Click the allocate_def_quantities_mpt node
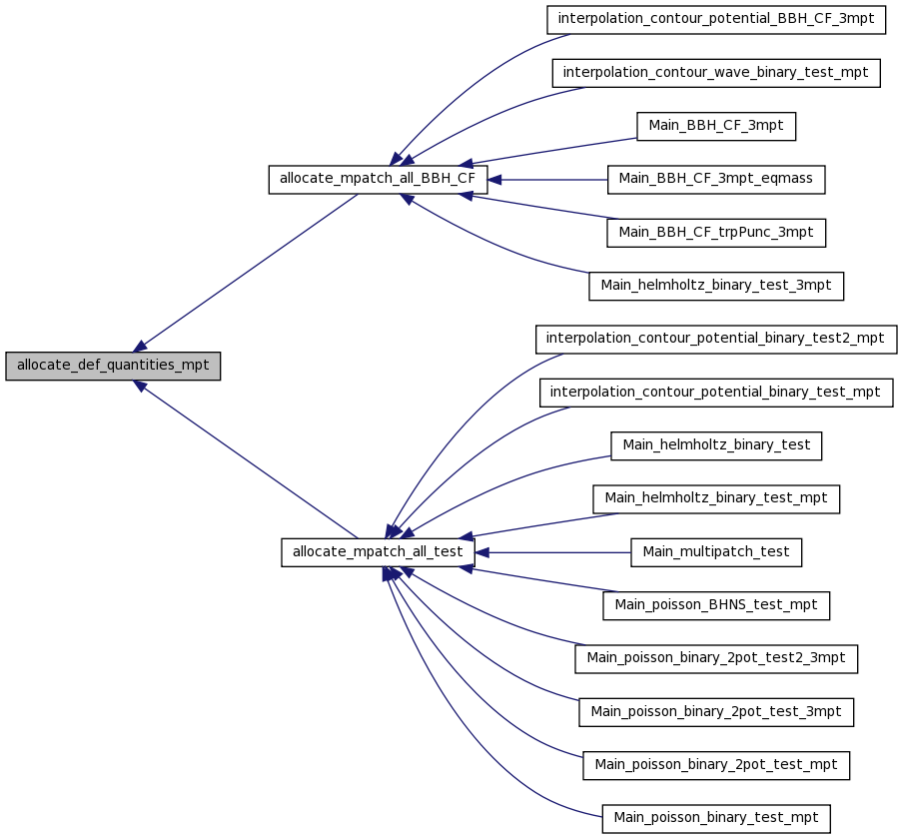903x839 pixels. pyautogui.click(x=113, y=366)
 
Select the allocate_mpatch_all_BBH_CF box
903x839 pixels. pyautogui.click(x=378, y=180)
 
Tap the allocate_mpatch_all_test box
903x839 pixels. pyautogui.click(x=378, y=552)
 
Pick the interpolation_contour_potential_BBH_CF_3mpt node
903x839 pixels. pyautogui.click(x=716, y=20)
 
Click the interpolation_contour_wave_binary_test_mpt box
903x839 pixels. pyautogui.click(x=716, y=73)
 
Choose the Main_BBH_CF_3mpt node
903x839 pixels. pyautogui.click(x=716, y=126)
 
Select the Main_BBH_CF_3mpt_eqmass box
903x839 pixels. pyautogui.click(x=716, y=180)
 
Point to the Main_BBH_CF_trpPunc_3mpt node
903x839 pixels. pyautogui.click(x=716, y=233)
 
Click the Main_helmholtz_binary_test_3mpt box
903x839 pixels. pyautogui.click(x=716, y=287)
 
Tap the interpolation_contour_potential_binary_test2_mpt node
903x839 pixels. pyautogui.click(x=716, y=340)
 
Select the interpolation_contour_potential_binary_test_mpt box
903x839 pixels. pyautogui.click(x=716, y=393)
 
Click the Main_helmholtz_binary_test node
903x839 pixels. pyautogui.click(x=716, y=445)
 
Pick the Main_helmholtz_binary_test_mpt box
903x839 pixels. pyautogui.click(x=716, y=499)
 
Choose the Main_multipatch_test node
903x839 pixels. pyautogui.click(x=716, y=552)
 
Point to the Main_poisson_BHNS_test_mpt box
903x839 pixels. pyautogui.click(x=716, y=606)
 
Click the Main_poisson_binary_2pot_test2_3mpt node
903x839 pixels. pyautogui.click(x=716, y=659)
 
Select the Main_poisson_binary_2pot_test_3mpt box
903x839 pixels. pyautogui.click(x=716, y=712)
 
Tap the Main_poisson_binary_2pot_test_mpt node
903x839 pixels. pyautogui.click(x=716, y=765)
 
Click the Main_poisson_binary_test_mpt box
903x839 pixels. pyautogui.click(x=716, y=819)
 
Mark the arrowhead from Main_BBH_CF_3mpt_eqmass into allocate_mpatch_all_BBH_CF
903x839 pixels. pyautogui.click(x=494, y=180)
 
